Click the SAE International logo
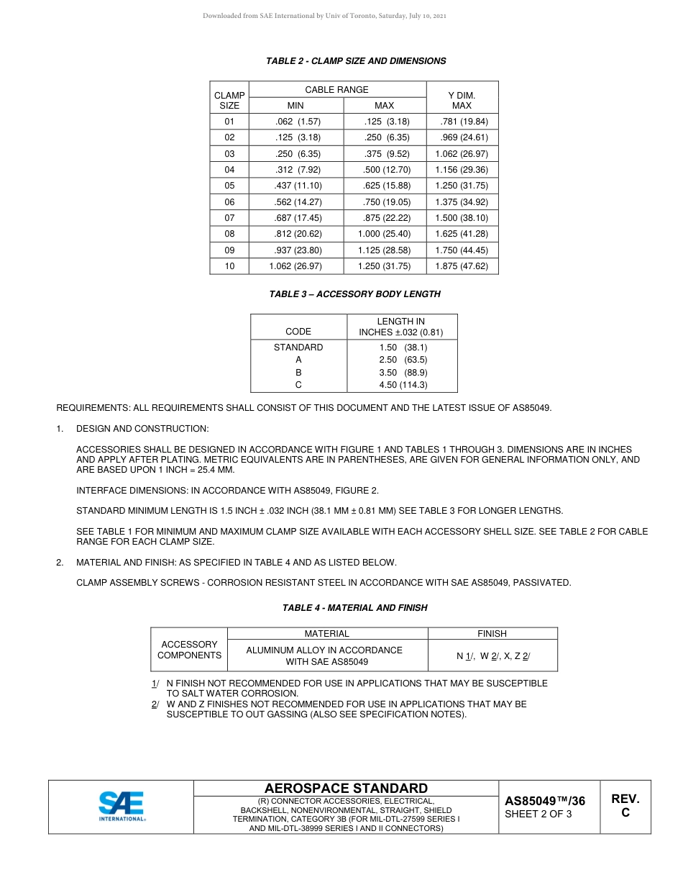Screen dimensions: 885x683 [x=122, y=807]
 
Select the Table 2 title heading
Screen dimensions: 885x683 [x=356, y=61]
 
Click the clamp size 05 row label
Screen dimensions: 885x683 [x=229, y=186]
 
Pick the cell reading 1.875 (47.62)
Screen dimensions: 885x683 [x=462, y=266]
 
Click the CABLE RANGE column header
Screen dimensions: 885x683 [x=336, y=90]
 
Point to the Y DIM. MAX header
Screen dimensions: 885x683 [x=462, y=100]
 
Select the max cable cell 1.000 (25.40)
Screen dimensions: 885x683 [x=384, y=234]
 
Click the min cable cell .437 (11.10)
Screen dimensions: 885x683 [x=298, y=186]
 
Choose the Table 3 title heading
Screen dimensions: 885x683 [x=354, y=294]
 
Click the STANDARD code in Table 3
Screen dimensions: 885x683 [x=298, y=347]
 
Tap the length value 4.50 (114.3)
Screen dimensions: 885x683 [x=403, y=385]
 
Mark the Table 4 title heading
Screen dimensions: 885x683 [x=354, y=608]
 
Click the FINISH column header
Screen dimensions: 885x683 [x=492, y=634]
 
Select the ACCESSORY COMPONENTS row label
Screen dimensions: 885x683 [x=189, y=650]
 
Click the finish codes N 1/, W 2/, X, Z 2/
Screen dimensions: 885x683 [x=492, y=656]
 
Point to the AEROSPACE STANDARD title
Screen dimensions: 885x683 [x=346, y=789]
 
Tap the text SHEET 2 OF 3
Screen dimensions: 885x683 [x=538, y=814]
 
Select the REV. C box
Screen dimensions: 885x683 [x=625, y=806]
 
